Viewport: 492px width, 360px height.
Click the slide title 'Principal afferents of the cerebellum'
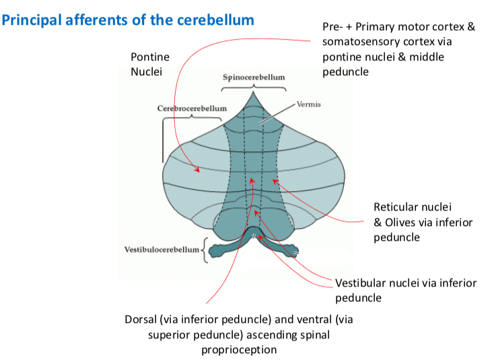coord(128,20)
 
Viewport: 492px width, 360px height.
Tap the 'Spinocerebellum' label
coord(254,77)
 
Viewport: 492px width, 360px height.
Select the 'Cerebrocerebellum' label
coord(192,108)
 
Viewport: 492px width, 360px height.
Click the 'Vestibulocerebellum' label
coord(162,249)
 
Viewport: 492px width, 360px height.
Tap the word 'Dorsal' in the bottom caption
coord(141,319)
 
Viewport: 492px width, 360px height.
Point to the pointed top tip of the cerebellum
coord(253,92)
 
